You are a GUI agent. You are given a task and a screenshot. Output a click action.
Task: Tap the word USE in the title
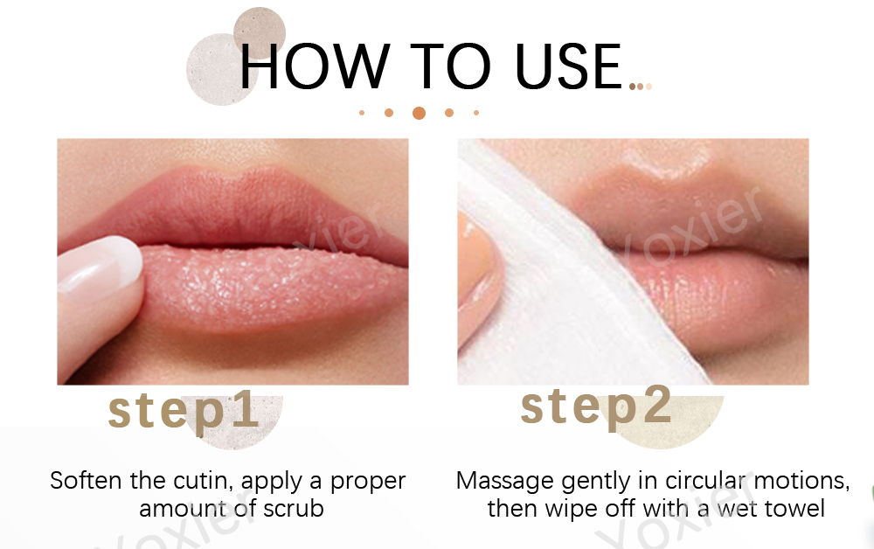pos(568,66)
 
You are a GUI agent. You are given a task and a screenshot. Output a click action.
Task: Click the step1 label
pos(184,410)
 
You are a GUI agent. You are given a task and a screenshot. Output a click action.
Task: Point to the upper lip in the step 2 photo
pos(690,210)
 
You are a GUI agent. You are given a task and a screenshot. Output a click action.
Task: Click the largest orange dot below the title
pos(419,113)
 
